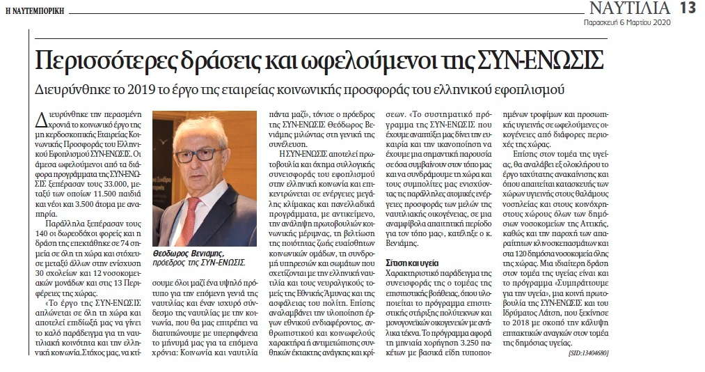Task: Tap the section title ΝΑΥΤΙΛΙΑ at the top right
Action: (631, 9)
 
